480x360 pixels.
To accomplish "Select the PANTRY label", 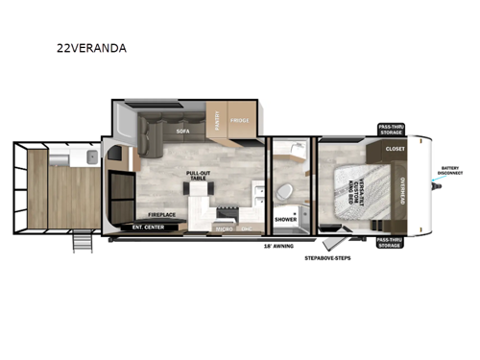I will (x=218, y=122).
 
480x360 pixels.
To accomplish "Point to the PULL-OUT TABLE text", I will (x=199, y=176).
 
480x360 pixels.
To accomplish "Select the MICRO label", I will (x=222, y=230).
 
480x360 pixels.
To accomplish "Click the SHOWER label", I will (x=285, y=220).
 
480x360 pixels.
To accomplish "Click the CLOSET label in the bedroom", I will (x=395, y=150).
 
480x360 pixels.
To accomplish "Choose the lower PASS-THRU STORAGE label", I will (x=390, y=242).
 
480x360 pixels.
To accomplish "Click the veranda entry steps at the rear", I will (x=83, y=244).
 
